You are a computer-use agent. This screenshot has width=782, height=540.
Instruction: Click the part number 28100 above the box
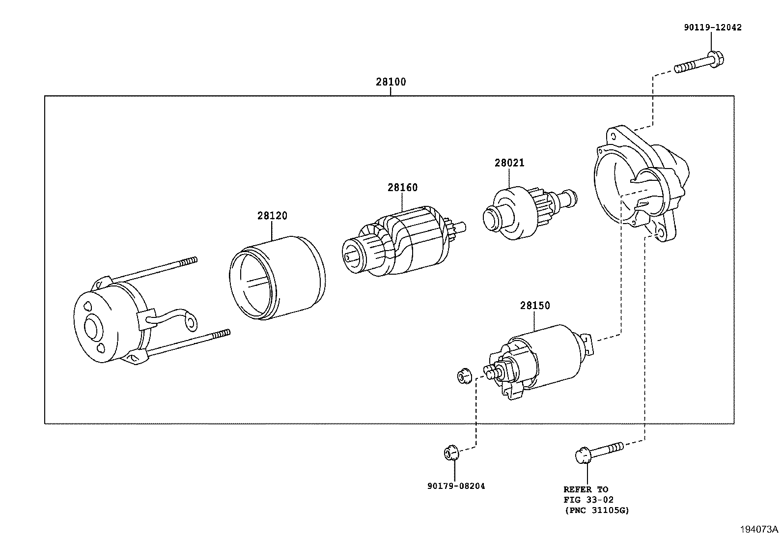click(x=391, y=82)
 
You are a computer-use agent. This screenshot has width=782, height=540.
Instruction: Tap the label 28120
click(x=272, y=216)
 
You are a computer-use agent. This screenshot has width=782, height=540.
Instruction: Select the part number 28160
click(x=402, y=188)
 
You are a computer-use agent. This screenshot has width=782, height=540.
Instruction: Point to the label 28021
click(x=509, y=163)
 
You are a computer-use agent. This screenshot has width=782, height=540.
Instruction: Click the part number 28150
click(x=535, y=306)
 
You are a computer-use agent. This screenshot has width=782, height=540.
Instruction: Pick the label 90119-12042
click(x=712, y=28)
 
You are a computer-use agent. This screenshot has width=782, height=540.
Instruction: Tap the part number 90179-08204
click(x=456, y=486)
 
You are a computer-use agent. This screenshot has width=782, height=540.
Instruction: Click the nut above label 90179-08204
click(x=451, y=452)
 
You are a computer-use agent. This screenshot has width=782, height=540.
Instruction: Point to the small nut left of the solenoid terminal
click(x=463, y=377)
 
